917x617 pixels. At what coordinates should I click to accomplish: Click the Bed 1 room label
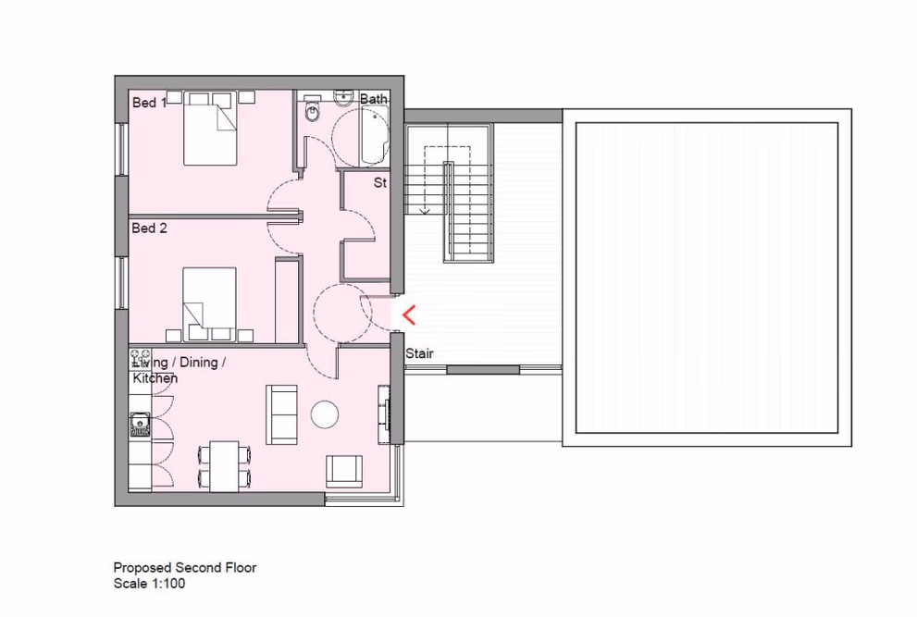point(149,103)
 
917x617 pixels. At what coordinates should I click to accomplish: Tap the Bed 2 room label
point(149,228)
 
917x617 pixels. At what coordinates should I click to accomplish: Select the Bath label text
point(374,98)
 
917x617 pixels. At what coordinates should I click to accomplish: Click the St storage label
point(379,183)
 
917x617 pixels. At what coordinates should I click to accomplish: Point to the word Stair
point(419,353)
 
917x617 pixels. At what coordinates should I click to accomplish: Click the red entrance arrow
point(408,315)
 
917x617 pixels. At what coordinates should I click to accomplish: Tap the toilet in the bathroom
point(313,112)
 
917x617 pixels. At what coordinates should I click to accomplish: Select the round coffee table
point(325,413)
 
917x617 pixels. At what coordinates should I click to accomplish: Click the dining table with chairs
point(224,466)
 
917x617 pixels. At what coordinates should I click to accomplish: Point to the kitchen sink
point(141,424)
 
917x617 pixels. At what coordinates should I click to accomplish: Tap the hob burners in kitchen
point(141,359)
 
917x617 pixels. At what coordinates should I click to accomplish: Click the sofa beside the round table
point(282,413)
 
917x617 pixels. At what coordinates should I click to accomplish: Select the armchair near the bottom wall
point(344,471)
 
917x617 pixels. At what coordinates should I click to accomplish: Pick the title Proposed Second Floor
point(185,568)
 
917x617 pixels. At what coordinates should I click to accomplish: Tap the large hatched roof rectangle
point(707,278)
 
